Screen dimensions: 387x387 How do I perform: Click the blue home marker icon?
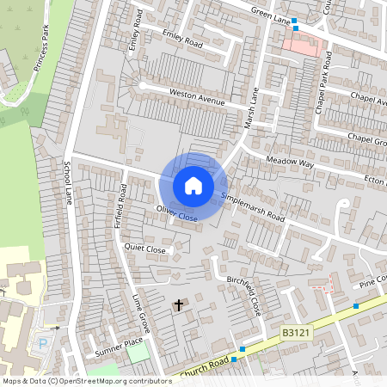(193, 185)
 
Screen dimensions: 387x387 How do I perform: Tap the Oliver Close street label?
(176, 213)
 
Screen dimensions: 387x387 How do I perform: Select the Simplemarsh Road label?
(253, 207)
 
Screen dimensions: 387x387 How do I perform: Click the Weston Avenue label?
(196, 96)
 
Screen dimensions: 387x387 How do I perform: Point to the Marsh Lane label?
(252, 104)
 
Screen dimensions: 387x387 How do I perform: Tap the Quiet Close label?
(144, 248)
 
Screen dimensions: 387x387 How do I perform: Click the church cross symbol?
(179, 305)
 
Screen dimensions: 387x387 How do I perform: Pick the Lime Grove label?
(140, 315)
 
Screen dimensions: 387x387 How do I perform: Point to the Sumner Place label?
(118, 348)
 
